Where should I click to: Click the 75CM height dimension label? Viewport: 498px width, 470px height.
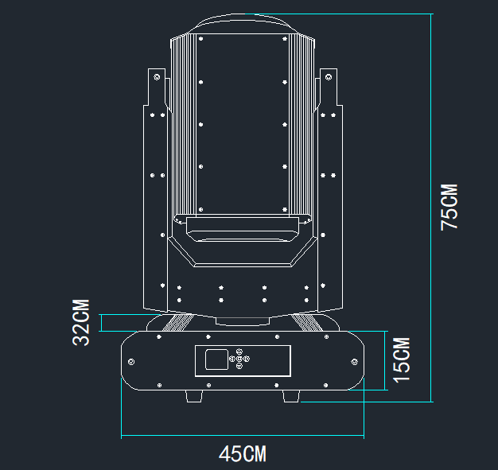tap(449, 207)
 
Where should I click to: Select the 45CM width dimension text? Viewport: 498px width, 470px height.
tap(243, 454)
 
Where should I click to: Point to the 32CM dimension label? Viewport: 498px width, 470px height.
tap(81, 322)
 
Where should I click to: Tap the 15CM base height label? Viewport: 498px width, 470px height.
tap(403, 359)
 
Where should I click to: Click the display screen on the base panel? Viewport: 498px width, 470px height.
tap(216, 359)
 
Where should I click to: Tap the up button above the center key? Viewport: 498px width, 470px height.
tap(239, 352)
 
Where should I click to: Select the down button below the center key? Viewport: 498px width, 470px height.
tap(239, 367)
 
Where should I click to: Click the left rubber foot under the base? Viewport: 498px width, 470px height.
tap(195, 395)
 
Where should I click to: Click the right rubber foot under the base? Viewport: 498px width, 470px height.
tap(290, 395)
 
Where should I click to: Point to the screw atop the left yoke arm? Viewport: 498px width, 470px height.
tap(157, 77)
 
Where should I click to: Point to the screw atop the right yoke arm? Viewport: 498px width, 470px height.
tap(328, 77)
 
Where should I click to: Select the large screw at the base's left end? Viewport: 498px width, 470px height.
tap(132, 361)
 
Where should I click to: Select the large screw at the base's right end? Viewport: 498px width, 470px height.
tap(352, 361)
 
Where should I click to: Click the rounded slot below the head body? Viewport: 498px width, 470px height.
tap(242, 233)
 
